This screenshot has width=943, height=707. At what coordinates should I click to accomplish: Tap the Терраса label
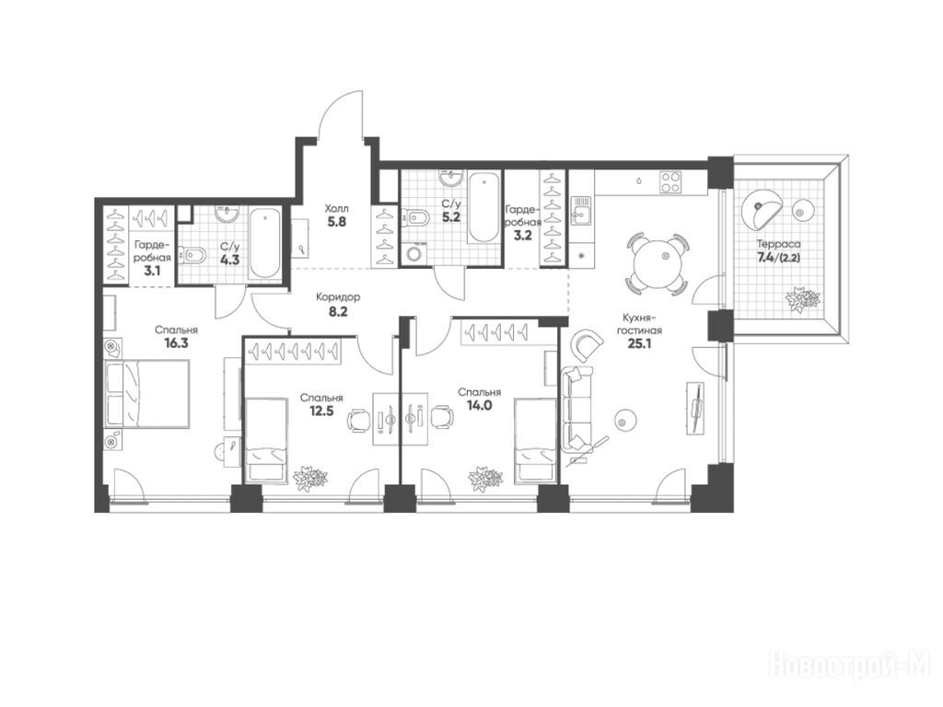(778, 245)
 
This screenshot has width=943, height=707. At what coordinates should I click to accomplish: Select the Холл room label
(337, 209)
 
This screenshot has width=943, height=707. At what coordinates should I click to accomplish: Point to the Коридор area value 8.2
(338, 312)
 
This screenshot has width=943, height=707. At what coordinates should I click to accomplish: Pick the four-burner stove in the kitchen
(670, 182)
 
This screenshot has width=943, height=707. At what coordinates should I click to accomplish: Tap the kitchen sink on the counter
(580, 211)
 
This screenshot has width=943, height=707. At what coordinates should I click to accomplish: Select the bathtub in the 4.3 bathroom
(264, 243)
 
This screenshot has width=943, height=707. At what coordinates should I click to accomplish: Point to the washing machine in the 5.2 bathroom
(414, 253)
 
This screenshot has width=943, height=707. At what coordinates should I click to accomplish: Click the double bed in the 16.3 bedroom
(147, 394)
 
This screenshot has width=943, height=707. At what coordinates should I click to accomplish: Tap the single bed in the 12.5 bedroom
(265, 439)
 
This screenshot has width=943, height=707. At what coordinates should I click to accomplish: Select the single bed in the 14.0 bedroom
(535, 441)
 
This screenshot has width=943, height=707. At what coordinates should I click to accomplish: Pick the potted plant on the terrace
(803, 299)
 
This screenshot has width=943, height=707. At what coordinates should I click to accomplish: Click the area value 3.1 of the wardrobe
(152, 271)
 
